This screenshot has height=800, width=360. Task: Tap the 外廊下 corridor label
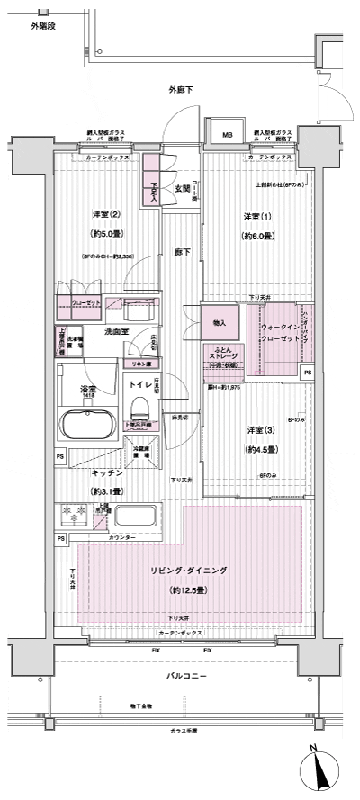(181, 89)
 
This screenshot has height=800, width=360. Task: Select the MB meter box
(227, 137)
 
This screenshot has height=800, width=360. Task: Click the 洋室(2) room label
(106, 214)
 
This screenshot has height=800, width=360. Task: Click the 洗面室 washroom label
(115, 332)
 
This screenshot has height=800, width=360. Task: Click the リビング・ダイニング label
(188, 571)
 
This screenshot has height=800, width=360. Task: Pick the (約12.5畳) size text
(188, 590)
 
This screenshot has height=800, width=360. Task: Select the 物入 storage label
(220, 322)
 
